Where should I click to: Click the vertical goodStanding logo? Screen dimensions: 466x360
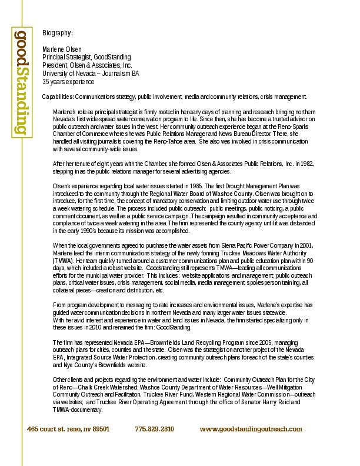[21, 82]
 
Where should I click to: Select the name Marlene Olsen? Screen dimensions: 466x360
[62, 49]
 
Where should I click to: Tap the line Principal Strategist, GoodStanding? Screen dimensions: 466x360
[86, 57]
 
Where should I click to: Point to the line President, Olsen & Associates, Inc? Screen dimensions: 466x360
[87, 65]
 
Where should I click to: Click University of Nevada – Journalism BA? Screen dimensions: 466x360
[91, 74]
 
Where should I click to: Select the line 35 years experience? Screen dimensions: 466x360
[68, 82]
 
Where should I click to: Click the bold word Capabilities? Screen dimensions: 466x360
[58, 96]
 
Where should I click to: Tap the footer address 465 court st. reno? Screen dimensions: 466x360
[68, 430]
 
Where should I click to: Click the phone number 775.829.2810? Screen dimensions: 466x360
[155, 430]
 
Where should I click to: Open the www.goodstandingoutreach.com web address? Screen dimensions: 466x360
[251, 430]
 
